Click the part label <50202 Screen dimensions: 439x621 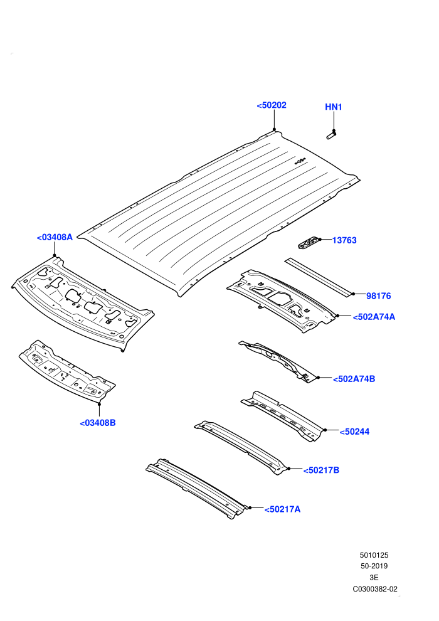tap(272, 105)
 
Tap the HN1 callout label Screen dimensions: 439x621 tap(333, 107)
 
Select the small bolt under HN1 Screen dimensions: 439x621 tap(331, 135)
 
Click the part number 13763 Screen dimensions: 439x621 tap(344, 240)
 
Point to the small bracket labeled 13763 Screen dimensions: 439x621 tap(309, 242)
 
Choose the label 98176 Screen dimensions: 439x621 tap(378, 296)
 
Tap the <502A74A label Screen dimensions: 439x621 tap(374, 317)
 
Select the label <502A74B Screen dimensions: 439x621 tap(354, 379)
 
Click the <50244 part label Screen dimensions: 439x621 tap(355, 432)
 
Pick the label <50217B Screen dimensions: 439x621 tap(321, 470)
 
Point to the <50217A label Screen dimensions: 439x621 tap(282, 509)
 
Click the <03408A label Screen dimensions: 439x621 tap(55, 237)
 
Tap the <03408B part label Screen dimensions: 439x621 tap(98, 423)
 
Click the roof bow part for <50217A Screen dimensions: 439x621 tap(197, 489)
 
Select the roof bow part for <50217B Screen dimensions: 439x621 tap(242, 447)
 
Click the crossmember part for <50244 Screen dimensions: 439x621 tap(283, 416)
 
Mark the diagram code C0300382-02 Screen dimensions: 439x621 tap(375, 589)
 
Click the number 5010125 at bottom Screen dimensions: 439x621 tap(374, 555)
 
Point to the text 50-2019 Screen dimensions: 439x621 tap(374, 566)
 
